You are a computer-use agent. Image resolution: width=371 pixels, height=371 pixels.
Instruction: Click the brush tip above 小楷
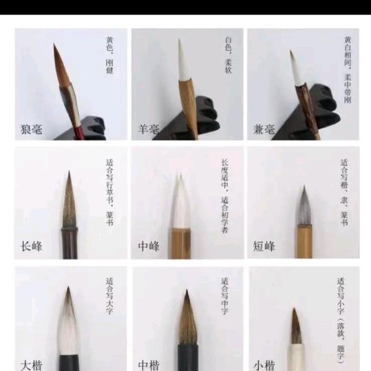tap(296, 327)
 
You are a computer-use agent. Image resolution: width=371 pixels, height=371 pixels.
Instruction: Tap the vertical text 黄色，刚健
tap(109, 55)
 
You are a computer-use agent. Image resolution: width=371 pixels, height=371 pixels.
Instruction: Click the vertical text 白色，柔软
tap(228, 55)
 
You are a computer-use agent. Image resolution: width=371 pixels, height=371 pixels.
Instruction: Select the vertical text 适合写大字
tap(109, 296)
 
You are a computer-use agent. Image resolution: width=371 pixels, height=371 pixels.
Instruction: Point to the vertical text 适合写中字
tap(224, 296)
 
